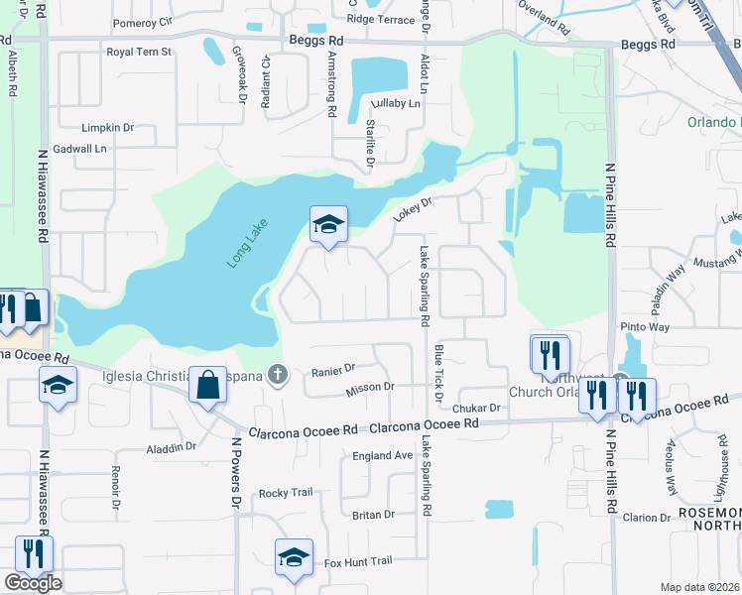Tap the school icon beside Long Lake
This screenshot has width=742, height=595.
tap(328, 224)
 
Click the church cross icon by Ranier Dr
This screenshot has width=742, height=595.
tap(280, 375)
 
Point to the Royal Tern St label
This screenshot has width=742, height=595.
tap(139, 52)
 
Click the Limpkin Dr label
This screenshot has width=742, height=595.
tap(108, 128)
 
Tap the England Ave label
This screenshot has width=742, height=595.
tap(382, 455)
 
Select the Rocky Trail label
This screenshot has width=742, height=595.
tap(286, 493)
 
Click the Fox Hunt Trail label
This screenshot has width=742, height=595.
tap(360, 561)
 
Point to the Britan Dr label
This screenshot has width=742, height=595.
tap(373, 515)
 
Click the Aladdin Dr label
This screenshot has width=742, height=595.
tap(172, 447)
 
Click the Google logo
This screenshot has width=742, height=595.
tap(33, 583)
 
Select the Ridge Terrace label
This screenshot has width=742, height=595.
tap(381, 19)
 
